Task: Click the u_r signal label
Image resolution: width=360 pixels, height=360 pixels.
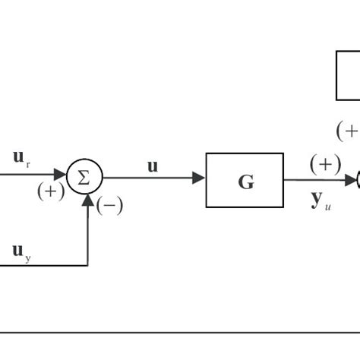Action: click(21, 158)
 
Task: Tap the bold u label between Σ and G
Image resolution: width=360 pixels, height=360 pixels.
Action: click(153, 165)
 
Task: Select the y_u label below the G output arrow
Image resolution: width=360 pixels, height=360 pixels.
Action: click(319, 201)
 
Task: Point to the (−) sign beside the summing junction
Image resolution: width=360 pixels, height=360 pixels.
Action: click(109, 204)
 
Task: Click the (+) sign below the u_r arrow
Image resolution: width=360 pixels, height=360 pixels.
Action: click(51, 191)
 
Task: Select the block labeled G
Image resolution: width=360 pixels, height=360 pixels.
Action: click(245, 180)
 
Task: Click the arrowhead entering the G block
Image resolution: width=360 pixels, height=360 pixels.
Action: click(199, 178)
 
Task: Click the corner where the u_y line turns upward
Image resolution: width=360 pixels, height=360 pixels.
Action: click(89, 265)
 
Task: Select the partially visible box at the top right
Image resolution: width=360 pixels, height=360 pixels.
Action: click(348, 74)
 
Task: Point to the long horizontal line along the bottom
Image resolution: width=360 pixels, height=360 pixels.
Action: click(180, 332)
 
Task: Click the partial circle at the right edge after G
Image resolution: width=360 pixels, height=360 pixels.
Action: click(358, 180)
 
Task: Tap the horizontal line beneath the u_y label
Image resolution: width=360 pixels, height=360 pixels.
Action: click(42, 265)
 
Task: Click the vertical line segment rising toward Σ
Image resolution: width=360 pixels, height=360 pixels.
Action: click(89, 235)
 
